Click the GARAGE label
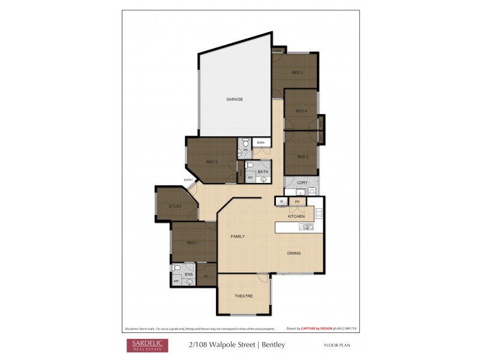point(234,99)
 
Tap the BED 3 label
point(297,73)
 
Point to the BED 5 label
point(303,157)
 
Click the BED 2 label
point(211,161)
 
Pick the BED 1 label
point(192,242)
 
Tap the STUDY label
point(175,206)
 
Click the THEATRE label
point(243,296)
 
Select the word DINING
point(293,253)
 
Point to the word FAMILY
point(238,236)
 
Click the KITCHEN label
point(296,216)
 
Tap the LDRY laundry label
point(302,182)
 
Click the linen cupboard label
point(261,143)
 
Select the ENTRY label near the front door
point(188,180)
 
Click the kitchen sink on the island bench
point(307,227)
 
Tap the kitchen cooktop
point(319,213)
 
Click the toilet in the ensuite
point(177,268)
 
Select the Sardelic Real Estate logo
point(146,345)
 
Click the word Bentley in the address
point(274,345)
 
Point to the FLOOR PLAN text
point(337,346)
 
